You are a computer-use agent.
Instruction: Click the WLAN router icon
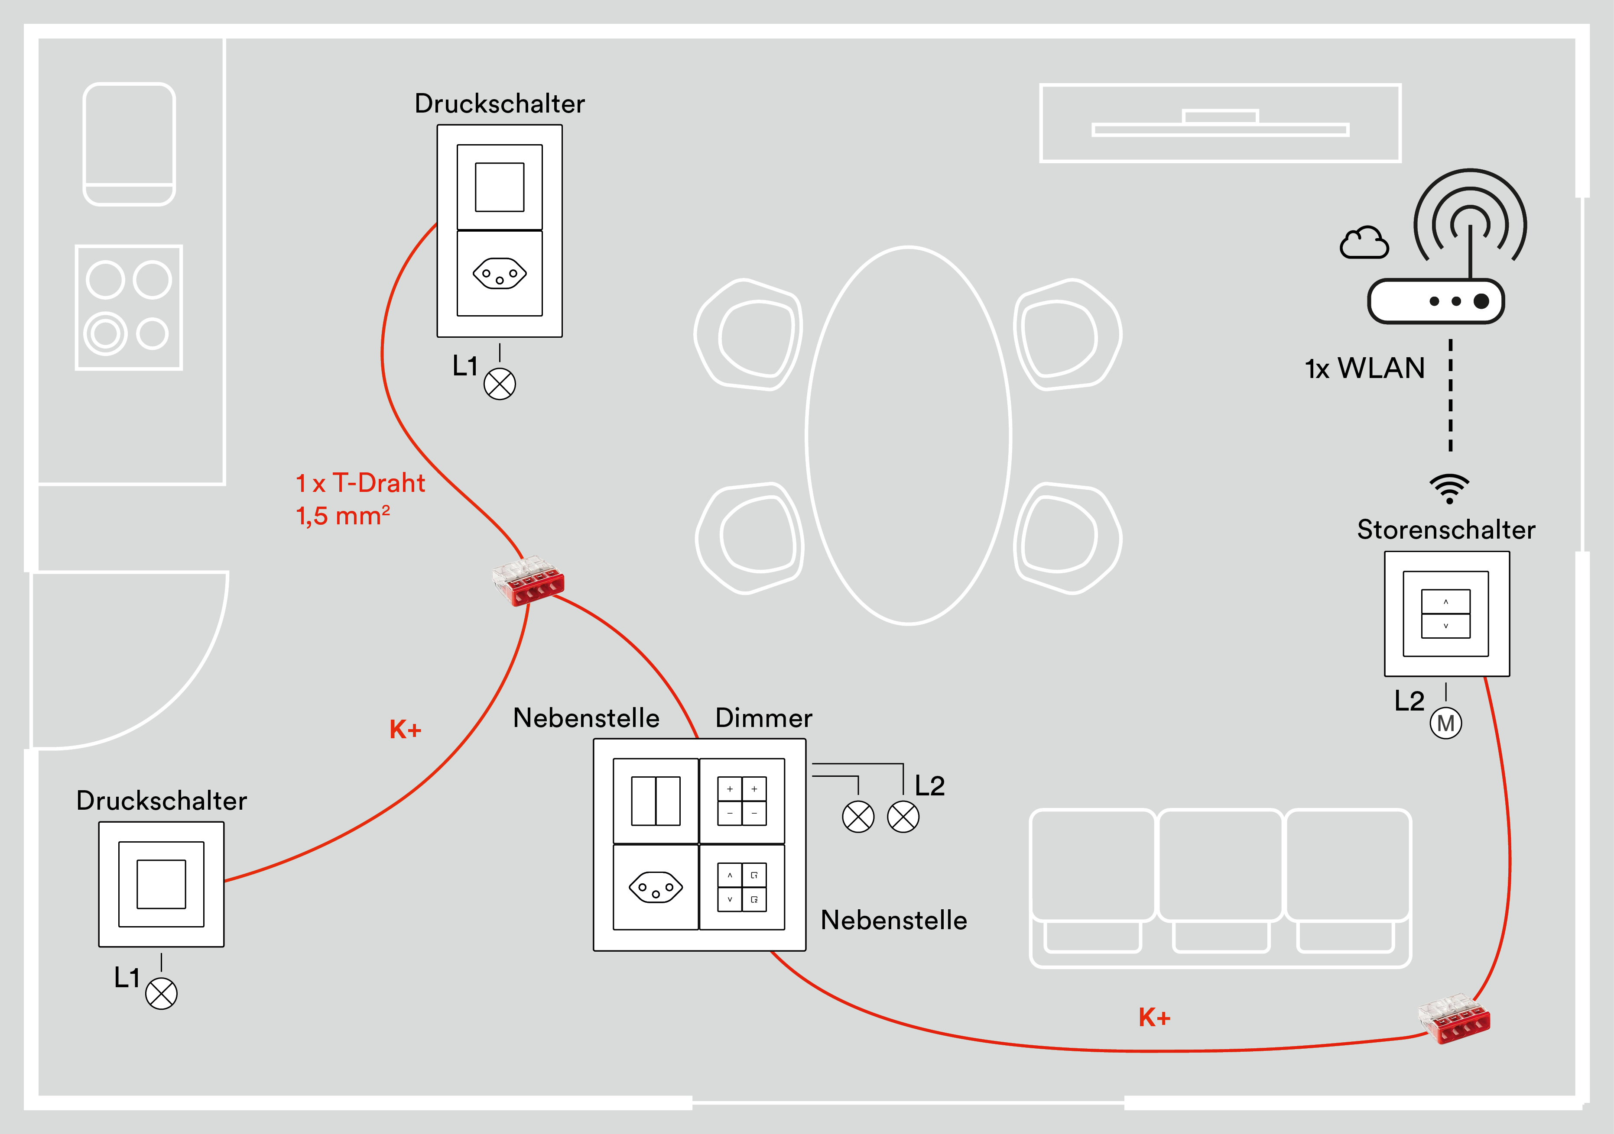[x=1435, y=301]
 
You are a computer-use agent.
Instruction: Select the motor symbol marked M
[x=1445, y=723]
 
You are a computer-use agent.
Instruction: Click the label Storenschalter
[x=1445, y=530]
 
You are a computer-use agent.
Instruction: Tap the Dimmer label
[x=763, y=718]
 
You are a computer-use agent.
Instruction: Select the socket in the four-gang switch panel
[x=655, y=887]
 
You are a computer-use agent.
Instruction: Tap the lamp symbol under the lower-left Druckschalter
[x=161, y=993]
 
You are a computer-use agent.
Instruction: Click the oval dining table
[x=908, y=436]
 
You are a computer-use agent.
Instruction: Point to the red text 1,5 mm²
[x=342, y=516]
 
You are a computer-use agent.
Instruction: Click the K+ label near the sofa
[x=1154, y=1018]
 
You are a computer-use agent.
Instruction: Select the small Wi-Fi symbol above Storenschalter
[x=1449, y=489]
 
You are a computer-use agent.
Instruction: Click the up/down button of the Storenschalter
[x=1445, y=614]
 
